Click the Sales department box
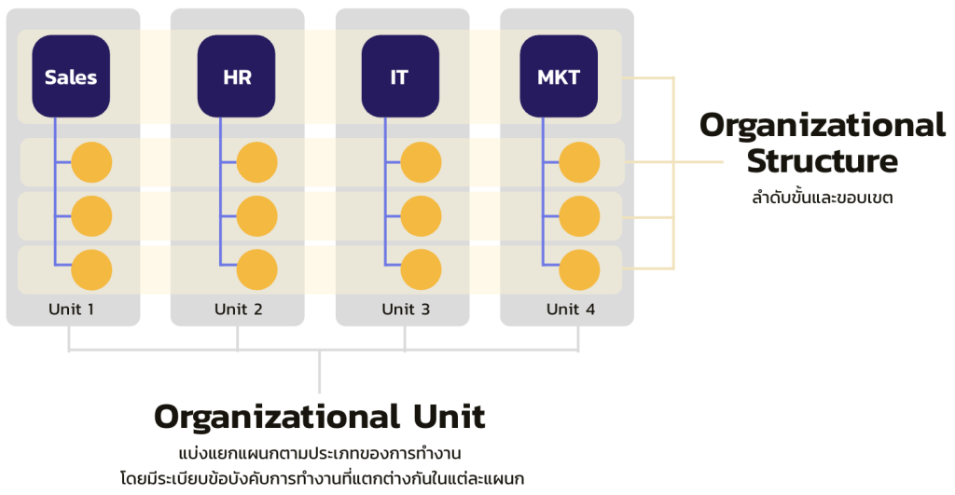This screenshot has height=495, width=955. click(x=71, y=76)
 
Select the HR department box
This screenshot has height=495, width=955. click(x=237, y=76)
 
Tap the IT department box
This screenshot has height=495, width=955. click(x=400, y=76)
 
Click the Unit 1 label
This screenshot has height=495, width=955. click(x=72, y=309)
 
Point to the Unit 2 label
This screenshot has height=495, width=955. click(x=237, y=309)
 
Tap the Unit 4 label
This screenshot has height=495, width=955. click(x=569, y=309)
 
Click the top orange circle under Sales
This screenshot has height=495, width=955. click(x=91, y=162)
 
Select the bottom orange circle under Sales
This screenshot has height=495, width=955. click(x=91, y=269)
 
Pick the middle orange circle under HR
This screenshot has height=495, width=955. click(x=256, y=216)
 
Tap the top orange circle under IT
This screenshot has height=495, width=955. click(x=421, y=162)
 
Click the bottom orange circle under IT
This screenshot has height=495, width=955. click(x=421, y=269)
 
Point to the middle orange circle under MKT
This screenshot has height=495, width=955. click(x=579, y=216)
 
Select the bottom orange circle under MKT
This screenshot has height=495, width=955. click(x=579, y=269)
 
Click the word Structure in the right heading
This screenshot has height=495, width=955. click(x=822, y=161)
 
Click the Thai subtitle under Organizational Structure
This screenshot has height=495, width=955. click(x=822, y=198)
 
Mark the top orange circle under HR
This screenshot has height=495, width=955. click(x=256, y=162)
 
